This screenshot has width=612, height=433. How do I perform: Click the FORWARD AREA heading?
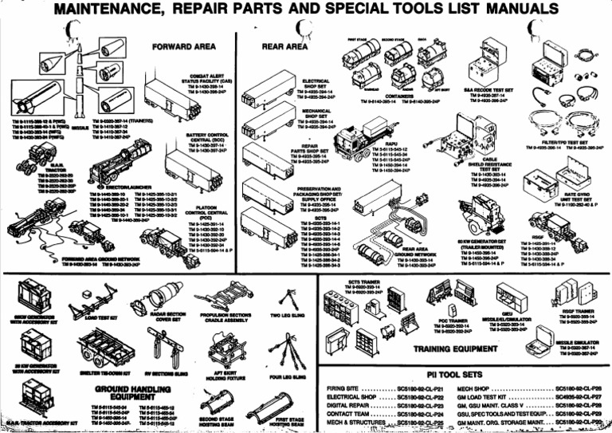[182, 47]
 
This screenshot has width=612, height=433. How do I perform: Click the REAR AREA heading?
[284, 47]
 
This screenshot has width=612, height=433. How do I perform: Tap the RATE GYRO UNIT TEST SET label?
[576, 196]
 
